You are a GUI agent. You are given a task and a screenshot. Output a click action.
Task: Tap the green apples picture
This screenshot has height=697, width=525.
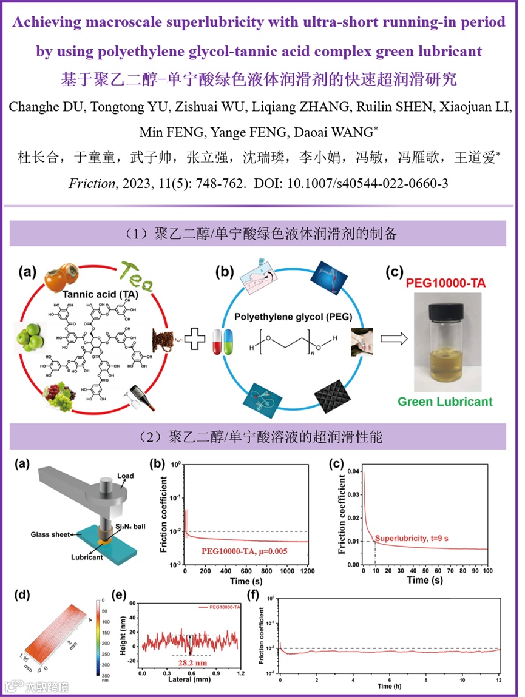[30, 335]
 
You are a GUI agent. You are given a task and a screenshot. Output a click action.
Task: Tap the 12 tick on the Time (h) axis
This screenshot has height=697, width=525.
[499, 676]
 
